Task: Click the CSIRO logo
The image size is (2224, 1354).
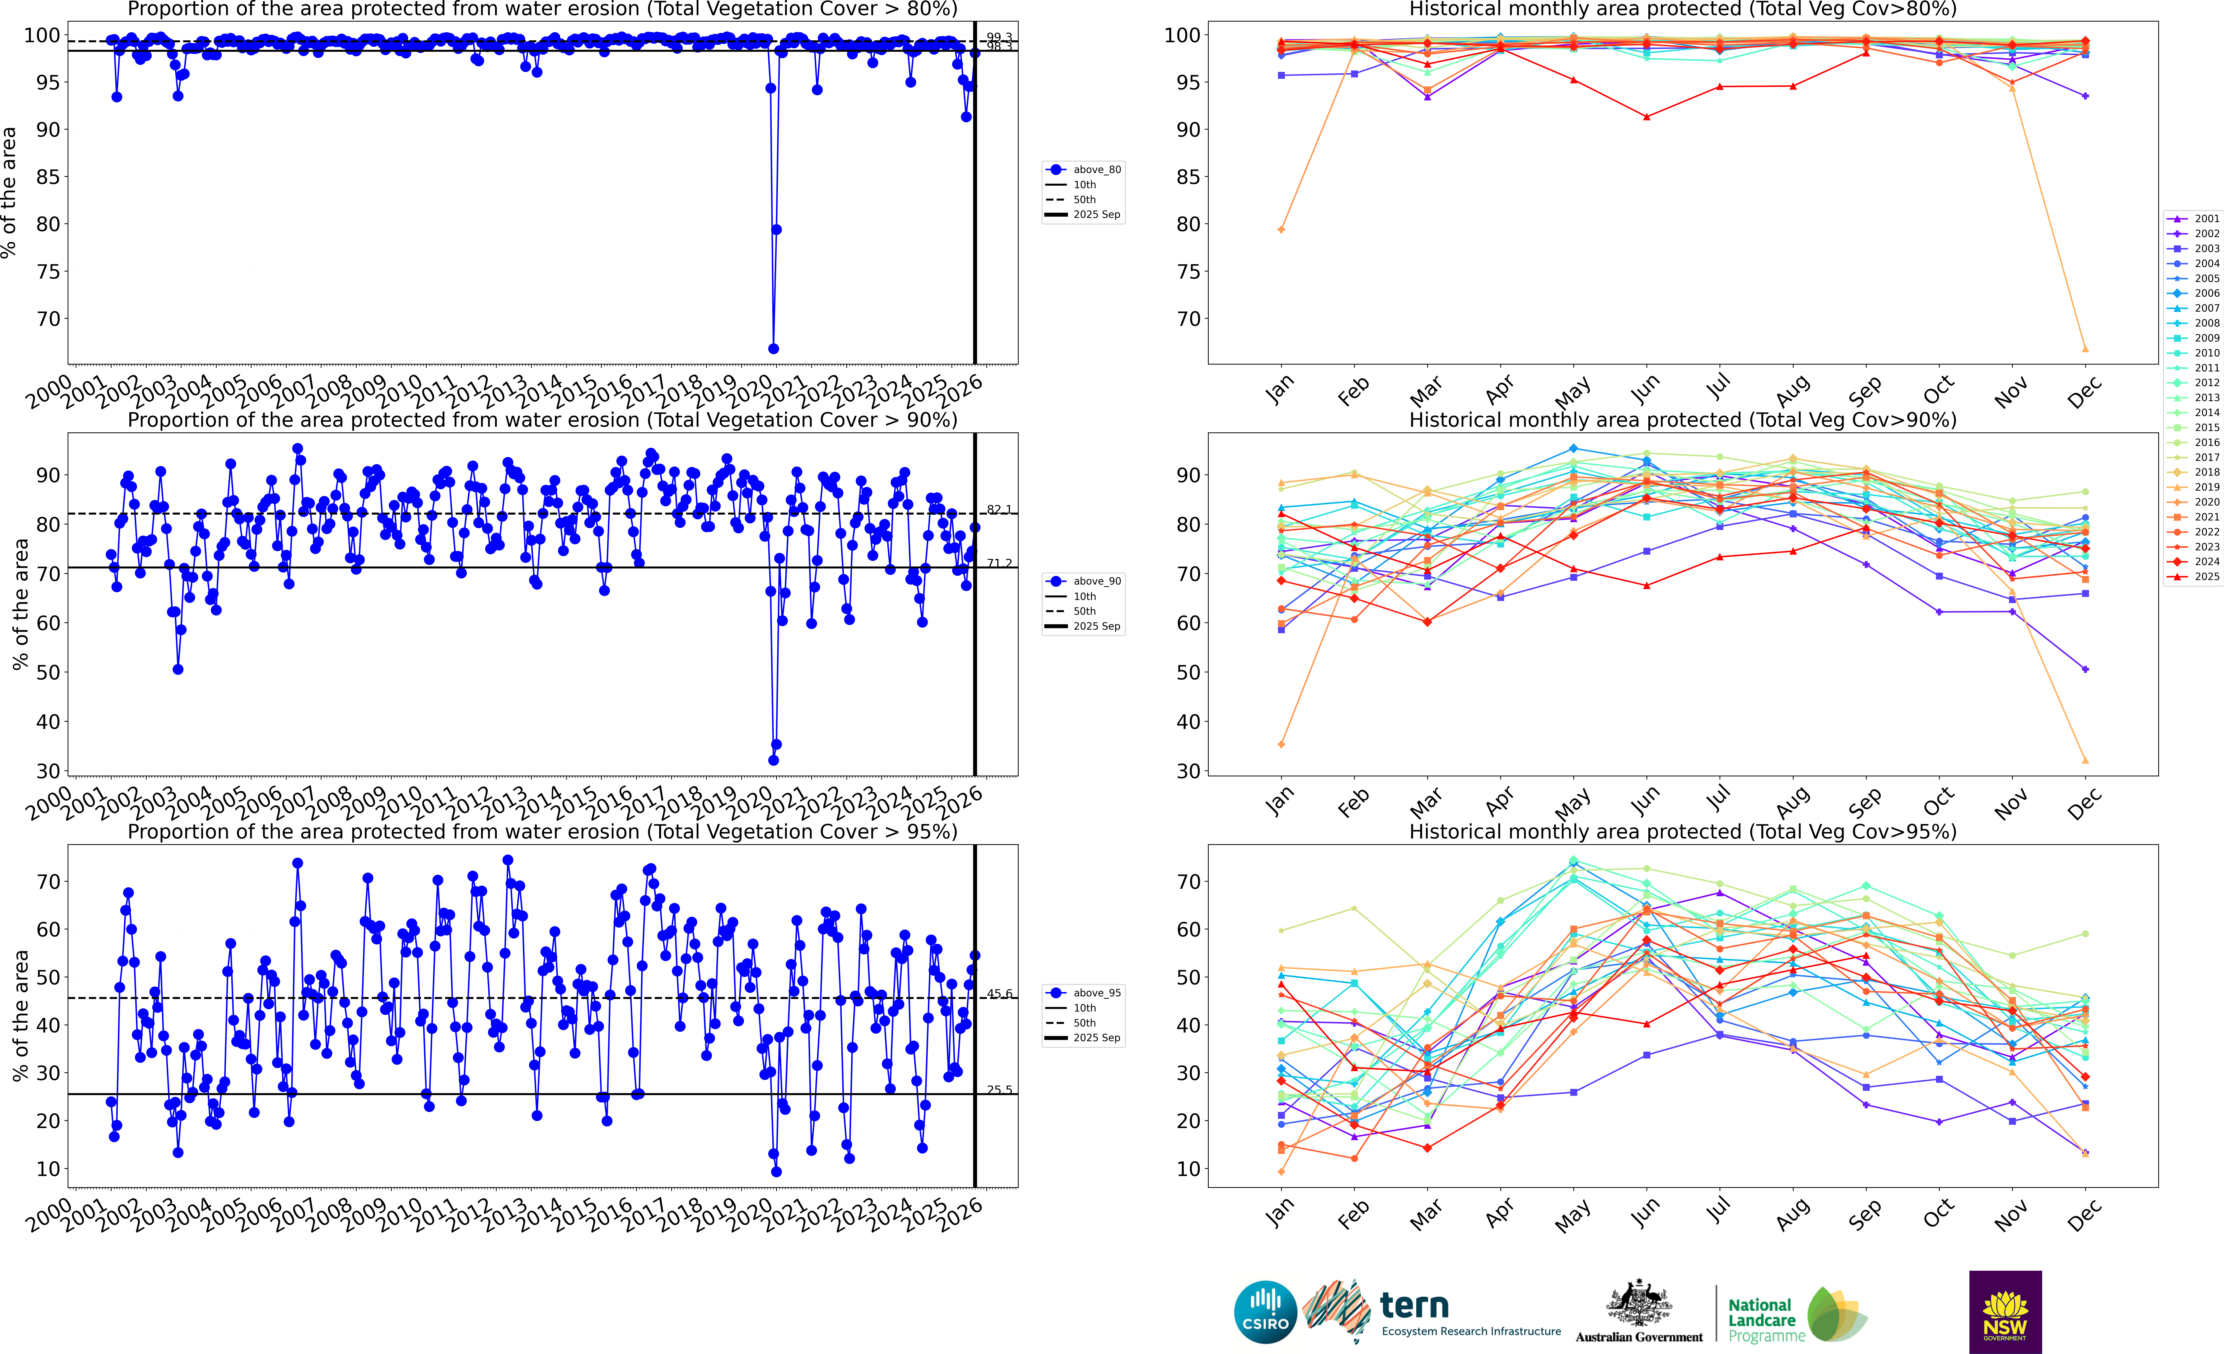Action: click(1265, 1312)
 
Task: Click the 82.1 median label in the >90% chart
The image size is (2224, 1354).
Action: click(998, 510)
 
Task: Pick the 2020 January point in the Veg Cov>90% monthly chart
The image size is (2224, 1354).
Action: click(1282, 745)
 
